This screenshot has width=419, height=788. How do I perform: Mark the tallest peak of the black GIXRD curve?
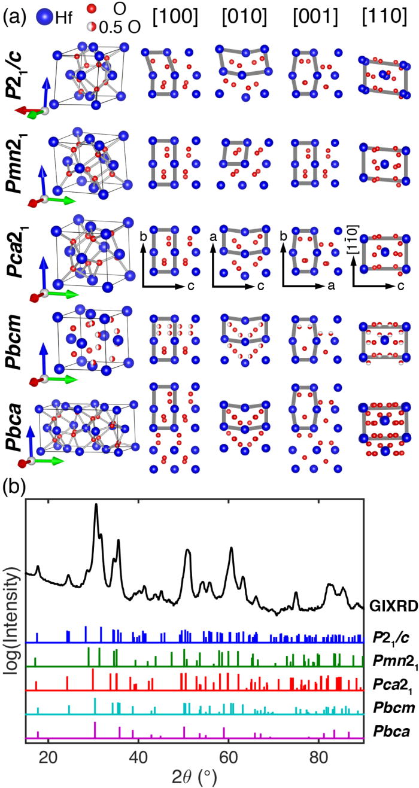pos(96,506)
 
